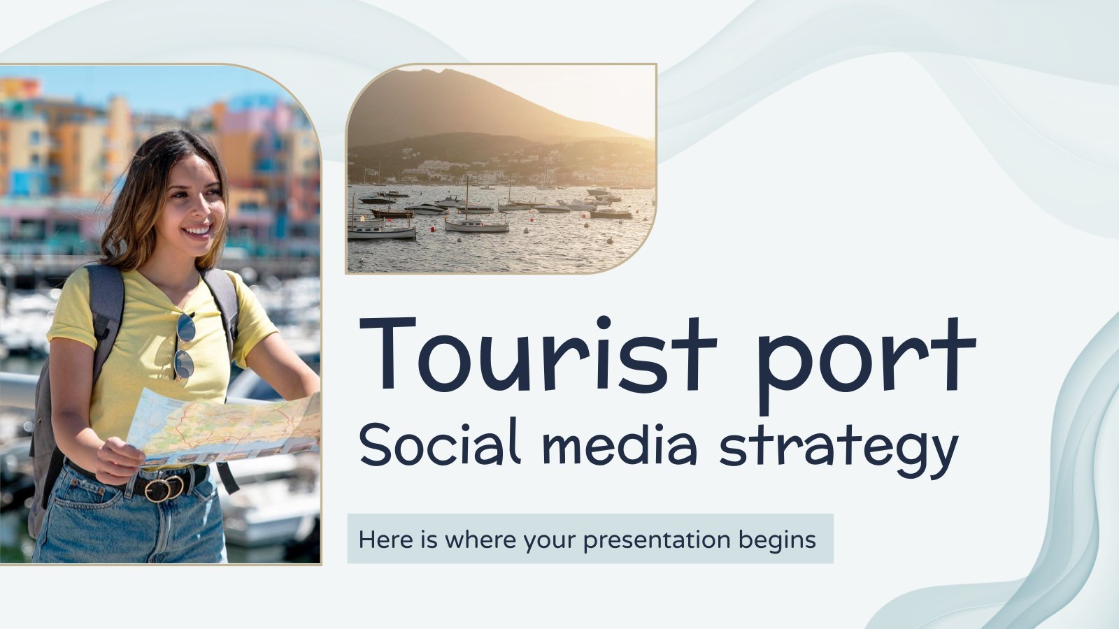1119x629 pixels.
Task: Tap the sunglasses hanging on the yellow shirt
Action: click(185, 347)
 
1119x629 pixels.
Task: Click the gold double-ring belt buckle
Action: click(164, 489)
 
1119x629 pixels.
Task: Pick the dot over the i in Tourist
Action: click(604, 322)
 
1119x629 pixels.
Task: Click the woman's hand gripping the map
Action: click(120, 460)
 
